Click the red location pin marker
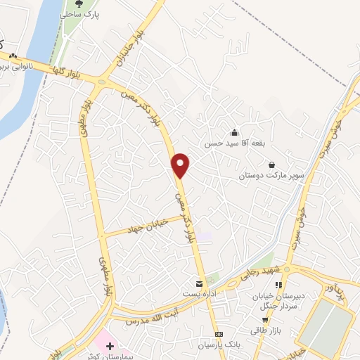(181, 165)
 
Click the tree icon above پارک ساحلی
(87, 4)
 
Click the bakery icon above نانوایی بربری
(14, 57)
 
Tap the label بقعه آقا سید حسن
(227, 143)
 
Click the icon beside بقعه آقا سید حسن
(235, 133)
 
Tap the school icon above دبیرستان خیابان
(278, 285)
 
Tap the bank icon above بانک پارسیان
(219, 333)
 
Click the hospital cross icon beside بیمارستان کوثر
(110, 346)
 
